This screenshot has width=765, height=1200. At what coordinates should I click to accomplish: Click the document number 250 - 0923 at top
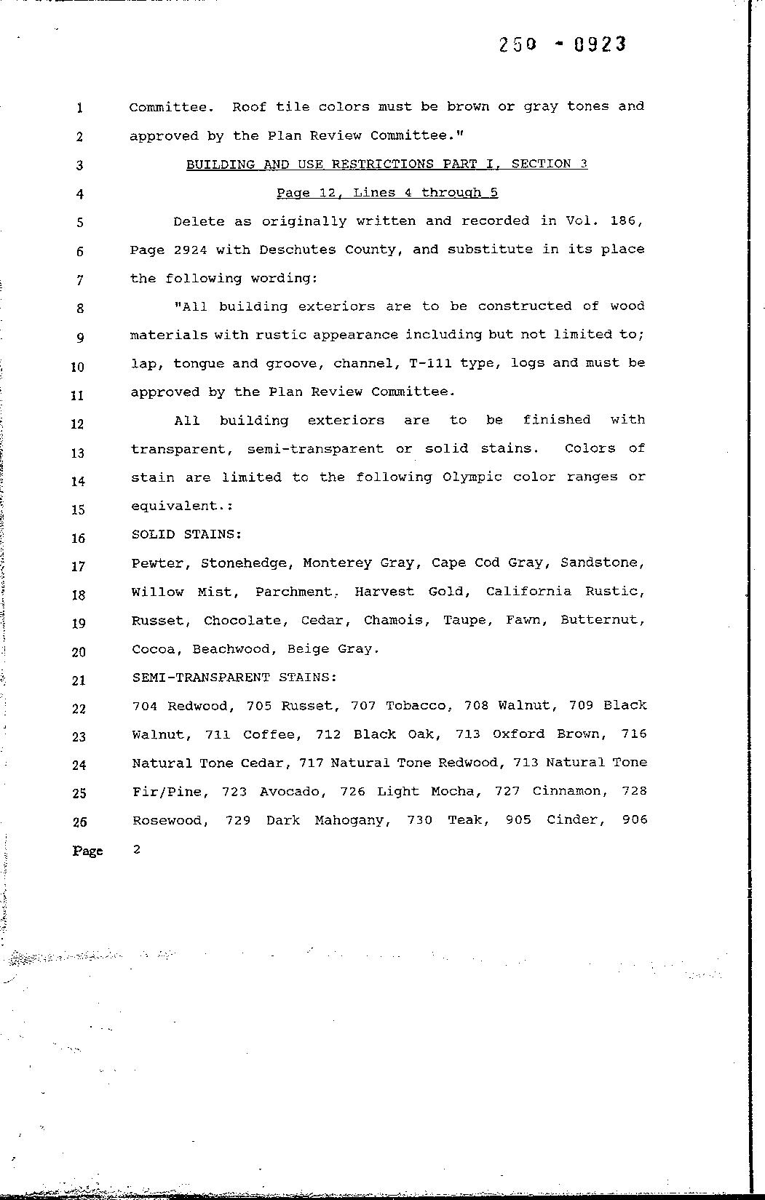pyautogui.click(x=562, y=45)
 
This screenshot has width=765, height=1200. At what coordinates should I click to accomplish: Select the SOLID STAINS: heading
pyautogui.click(x=186, y=534)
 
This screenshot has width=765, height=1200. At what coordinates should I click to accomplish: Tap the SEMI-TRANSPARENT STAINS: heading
pyautogui.click(x=234, y=678)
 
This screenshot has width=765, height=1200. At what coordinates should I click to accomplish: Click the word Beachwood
pyautogui.click(x=231, y=649)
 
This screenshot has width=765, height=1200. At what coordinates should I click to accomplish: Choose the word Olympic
pyautogui.click(x=472, y=477)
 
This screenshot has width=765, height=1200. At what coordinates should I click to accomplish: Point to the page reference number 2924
pyautogui.click(x=191, y=250)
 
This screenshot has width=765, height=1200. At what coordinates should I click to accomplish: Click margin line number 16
pyautogui.click(x=79, y=539)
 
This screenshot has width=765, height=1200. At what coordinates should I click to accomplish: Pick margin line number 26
pyautogui.click(x=79, y=822)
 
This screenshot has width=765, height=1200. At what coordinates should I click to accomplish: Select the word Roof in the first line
pyautogui.click(x=249, y=107)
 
